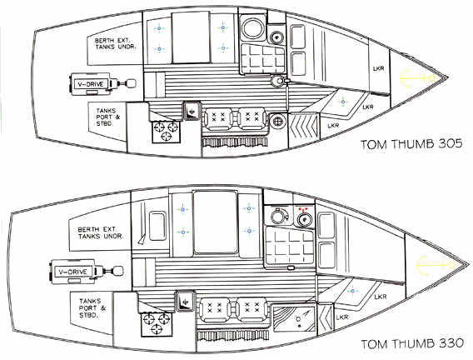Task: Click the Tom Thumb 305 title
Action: [x=411, y=144]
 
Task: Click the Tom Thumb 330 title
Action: [x=412, y=343]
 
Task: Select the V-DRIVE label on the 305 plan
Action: [x=91, y=84]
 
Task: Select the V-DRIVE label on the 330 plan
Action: [x=72, y=272]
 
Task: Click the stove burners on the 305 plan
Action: [x=166, y=132]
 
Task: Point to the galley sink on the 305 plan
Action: [x=192, y=111]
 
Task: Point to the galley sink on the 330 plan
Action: [x=184, y=302]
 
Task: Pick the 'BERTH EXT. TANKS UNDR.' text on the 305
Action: [x=116, y=43]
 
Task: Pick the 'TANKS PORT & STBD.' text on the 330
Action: [x=92, y=308]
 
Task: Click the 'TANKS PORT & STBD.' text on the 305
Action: [x=108, y=117]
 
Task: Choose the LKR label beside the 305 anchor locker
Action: [x=379, y=68]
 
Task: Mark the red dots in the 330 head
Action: [x=303, y=209]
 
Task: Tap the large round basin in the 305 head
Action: [x=253, y=28]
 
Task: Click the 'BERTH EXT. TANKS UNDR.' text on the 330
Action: [x=101, y=232]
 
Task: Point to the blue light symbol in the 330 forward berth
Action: [x=352, y=291]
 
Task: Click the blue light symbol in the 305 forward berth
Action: [x=343, y=102]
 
